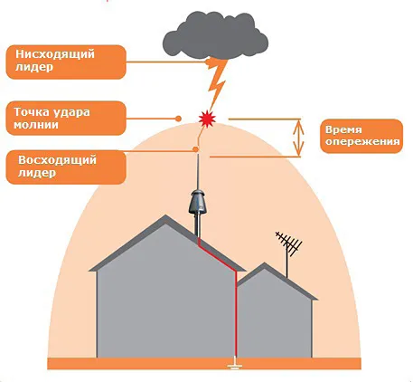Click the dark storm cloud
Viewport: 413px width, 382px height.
pyautogui.click(x=215, y=35)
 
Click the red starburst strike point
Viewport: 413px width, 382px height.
pyautogui.click(x=208, y=118)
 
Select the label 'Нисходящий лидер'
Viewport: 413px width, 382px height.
pyautogui.click(x=66, y=62)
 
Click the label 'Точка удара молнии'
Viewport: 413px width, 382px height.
pyautogui.click(x=66, y=118)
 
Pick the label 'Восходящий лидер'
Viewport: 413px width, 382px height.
pyautogui.click(x=66, y=167)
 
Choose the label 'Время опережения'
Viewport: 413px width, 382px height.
pyautogui.click(x=361, y=136)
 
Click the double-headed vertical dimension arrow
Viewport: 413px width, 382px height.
pyautogui.click(x=298, y=138)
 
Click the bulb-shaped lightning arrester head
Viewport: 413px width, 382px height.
pyautogui.click(x=198, y=202)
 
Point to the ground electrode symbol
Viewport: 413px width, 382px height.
pyautogui.click(x=235, y=363)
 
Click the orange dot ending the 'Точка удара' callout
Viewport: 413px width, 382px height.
pyautogui.click(x=179, y=119)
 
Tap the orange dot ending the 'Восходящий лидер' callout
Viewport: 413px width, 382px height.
pyautogui.click(x=195, y=149)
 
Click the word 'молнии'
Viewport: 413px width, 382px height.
pyautogui.click(x=36, y=125)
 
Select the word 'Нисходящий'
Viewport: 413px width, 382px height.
pyautogui.click(x=55, y=54)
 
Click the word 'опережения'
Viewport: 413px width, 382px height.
pyautogui.click(x=362, y=142)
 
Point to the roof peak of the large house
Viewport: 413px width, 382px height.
pyautogui.click(x=165, y=215)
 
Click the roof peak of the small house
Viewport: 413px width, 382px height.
pyautogui.click(x=264, y=263)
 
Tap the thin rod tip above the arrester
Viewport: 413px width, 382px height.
pyautogui.click(x=199, y=155)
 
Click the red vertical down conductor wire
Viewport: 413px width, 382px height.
pyautogui.click(x=236, y=314)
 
